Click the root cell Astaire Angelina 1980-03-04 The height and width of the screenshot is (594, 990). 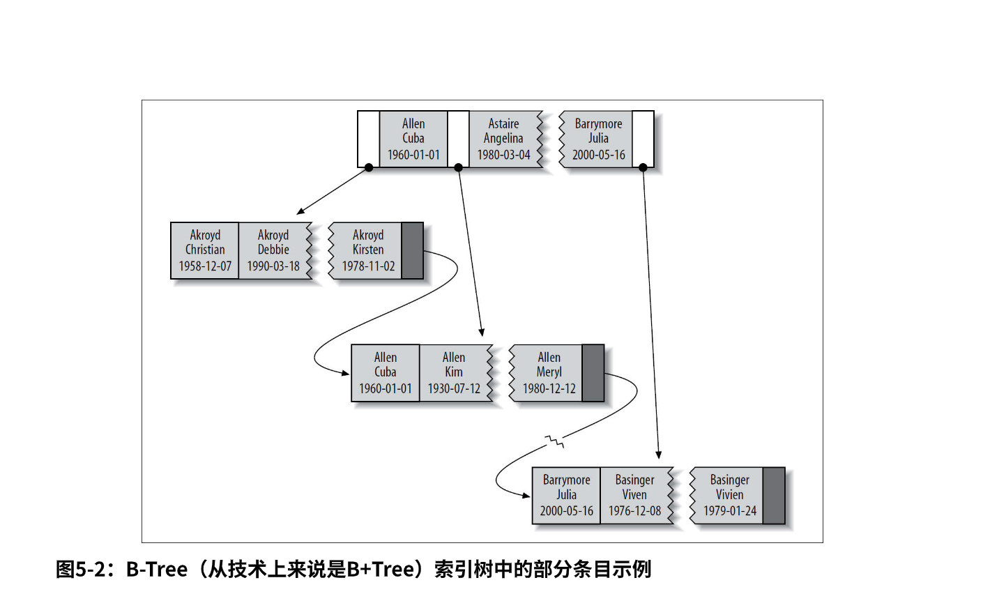(x=503, y=139)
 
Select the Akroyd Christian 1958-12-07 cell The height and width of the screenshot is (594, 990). (x=205, y=251)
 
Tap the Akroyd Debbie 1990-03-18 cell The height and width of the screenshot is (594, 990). (x=273, y=251)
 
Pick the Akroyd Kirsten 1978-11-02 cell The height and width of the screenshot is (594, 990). (x=368, y=251)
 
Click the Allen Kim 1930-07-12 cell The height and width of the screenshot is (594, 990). (x=454, y=373)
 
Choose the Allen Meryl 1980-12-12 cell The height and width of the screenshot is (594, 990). (x=549, y=373)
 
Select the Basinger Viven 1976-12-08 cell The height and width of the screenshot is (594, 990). (x=634, y=495)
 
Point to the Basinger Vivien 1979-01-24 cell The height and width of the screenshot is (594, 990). (x=729, y=495)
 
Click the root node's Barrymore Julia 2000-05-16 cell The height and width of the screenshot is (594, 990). (x=598, y=139)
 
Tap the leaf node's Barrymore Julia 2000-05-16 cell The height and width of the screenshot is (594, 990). (x=566, y=495)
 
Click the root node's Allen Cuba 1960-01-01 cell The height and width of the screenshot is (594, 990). (x=413, y=139)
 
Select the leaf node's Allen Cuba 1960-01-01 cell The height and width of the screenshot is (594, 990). (x=386, y=373)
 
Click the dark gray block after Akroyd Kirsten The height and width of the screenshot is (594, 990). (x=413, y=251)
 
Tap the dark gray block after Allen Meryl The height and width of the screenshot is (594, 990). (x=593, y=373)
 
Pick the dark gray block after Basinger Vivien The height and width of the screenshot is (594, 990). (x=774, y=495)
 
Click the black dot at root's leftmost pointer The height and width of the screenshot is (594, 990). (x=369, y=167)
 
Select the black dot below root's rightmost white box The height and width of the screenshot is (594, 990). (x=643, y=167)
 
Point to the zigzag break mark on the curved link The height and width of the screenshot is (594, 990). (x=555, y=441)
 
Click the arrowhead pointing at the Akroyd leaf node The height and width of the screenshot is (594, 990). (x=300, y=211)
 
